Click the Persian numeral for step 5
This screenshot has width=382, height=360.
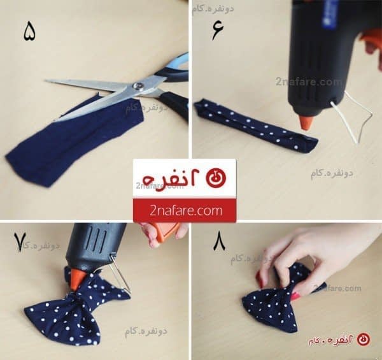[x=29, y=31]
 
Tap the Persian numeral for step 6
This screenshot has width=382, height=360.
[x=218, y=30]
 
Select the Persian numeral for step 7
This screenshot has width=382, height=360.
[x=23, y=243]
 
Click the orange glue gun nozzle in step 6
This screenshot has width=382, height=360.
[x=307, y=121]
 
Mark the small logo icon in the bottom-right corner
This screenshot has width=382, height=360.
[x=363, y=340]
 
